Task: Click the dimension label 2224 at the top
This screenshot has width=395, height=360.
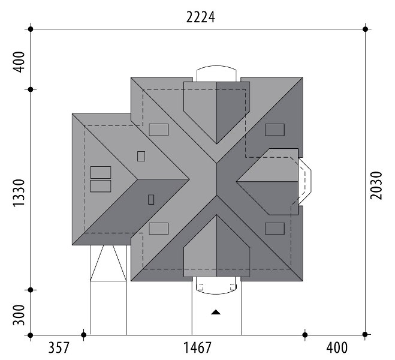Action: (201, 17)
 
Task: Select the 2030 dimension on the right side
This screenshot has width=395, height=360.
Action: (376, 185)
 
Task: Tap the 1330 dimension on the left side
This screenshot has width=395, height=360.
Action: (19, 193)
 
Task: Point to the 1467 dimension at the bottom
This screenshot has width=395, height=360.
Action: (197, 347)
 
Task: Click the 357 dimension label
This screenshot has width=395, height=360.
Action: (59, 347)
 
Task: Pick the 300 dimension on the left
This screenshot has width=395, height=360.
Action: (19, 315)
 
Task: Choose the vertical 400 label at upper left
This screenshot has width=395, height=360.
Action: (19, 62)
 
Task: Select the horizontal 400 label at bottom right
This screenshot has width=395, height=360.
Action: (337, 347)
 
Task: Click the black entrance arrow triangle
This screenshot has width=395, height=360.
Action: (216, 313)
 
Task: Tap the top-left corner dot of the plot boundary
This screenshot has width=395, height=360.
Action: (31, 29)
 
